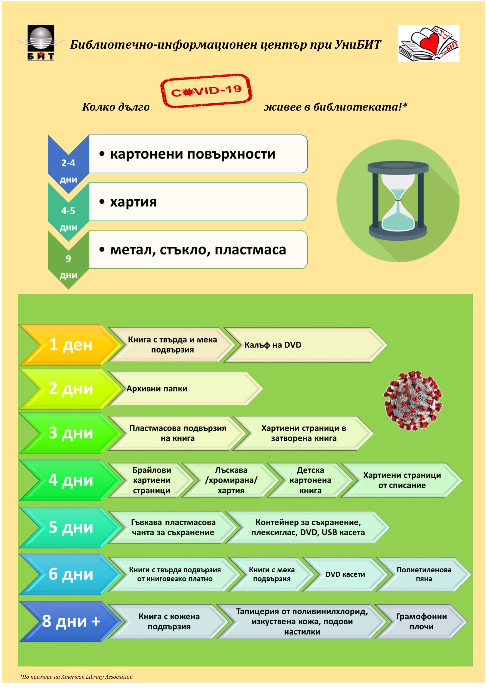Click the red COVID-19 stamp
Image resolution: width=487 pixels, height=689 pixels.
point(206,91)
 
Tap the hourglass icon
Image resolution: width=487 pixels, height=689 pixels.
point(398,201)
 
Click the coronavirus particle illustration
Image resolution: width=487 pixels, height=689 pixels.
point(413,401)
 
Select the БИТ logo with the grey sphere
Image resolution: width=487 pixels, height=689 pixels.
point(41,42)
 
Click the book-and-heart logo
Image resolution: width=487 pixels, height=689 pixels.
point(428,44)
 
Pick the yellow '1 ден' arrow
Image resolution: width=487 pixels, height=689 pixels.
point(71,345)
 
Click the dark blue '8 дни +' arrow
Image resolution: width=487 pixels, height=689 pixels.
point(71,621)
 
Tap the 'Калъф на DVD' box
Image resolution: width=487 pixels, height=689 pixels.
point(303,345)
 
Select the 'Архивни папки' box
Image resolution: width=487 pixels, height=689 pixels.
point(183,389)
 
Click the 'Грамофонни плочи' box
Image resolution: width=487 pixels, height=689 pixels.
point(421,621)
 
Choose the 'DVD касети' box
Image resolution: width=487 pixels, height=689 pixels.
point(345,574)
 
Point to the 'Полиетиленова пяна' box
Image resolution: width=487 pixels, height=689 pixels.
point(423,574)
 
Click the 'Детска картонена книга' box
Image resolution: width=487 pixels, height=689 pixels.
point(310,480)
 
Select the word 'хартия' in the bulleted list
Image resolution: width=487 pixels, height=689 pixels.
point(133,202)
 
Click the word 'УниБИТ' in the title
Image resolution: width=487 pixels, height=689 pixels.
point(357,45)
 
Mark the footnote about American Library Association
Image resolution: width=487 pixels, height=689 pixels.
point(76,677)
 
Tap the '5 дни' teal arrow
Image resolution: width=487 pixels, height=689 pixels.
point(71,527)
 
